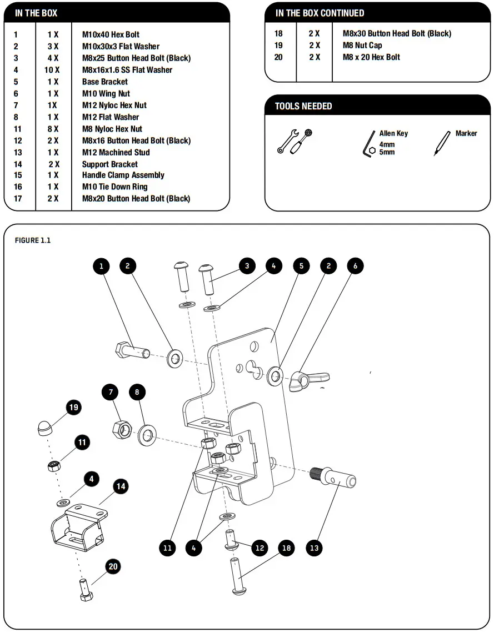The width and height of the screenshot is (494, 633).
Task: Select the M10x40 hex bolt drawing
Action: point(132,351)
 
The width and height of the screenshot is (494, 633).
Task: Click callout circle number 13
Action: point(315,548)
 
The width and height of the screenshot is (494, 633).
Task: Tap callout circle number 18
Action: point(287,548)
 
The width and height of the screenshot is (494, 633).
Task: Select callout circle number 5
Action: point(301,266)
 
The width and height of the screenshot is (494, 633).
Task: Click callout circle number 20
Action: point(113,566)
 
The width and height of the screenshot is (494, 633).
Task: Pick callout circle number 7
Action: point(111,393)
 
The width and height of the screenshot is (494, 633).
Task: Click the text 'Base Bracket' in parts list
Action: point(105,82)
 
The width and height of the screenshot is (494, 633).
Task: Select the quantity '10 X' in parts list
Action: point(53,70)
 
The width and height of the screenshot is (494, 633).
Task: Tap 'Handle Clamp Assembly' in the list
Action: point(123,175)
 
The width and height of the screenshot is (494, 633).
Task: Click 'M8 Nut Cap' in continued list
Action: point(362,46)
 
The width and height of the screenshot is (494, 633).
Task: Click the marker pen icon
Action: point(442,143)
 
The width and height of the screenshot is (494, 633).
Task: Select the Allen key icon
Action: point(369,144)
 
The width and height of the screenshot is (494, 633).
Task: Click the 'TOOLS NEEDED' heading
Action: point(303,106)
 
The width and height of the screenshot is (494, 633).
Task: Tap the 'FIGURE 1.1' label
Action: point(32,240)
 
